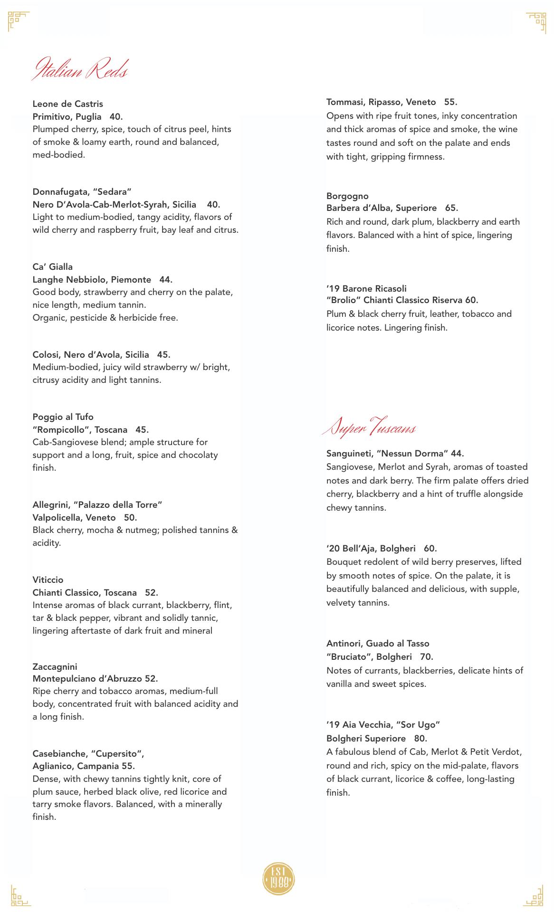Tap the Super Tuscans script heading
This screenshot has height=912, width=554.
click(369, 427)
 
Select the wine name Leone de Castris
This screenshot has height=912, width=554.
click(67, 104)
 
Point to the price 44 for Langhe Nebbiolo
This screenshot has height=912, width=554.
click(165, 280)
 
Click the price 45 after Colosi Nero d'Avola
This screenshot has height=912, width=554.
click(163, 355)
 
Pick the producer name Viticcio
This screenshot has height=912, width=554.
click(48, 580)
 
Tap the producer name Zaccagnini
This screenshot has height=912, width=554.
click(55, 667)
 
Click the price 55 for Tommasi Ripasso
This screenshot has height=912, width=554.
click(450, 102)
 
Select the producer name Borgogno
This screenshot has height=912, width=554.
click(347, 196)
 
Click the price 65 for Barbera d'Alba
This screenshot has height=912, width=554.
click(451, 208)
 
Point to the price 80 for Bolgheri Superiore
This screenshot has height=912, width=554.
click(420, 739)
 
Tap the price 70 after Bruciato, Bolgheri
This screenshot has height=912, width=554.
click(427, 657)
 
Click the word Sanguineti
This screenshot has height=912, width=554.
click(349, 454)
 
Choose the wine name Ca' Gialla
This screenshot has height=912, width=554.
click(53, 267)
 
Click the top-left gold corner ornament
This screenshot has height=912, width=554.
click(19, 21)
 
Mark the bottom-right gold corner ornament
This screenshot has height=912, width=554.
click(535, 895)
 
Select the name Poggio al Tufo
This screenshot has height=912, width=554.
click(63, 417)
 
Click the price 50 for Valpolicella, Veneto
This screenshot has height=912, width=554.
click(130, 518)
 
